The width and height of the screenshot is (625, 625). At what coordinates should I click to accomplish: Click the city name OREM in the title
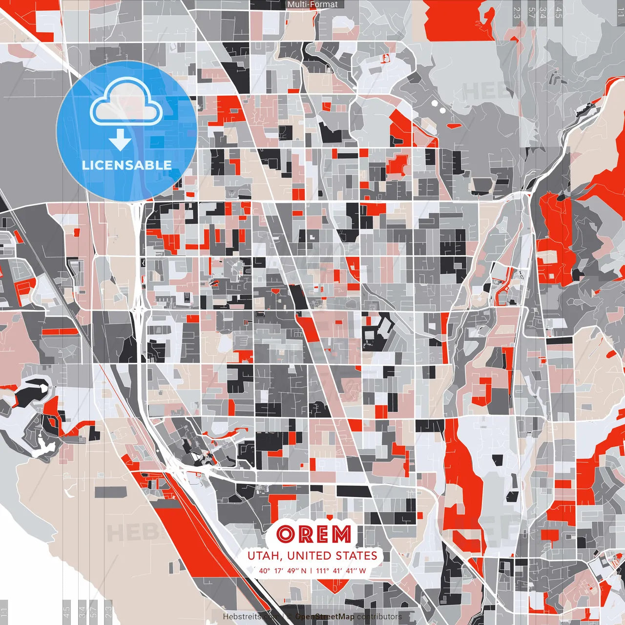click(313, 534)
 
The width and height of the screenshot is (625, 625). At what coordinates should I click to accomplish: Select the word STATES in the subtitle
click(356, 556)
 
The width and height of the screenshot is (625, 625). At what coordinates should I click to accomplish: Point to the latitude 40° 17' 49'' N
click(283, 571)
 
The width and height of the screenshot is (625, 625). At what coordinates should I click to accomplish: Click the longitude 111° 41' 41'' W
click(341, 571)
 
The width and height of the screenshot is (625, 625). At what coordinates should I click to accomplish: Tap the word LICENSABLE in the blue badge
click(126, 165)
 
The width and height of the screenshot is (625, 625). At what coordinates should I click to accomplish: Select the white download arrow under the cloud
click(120, 140)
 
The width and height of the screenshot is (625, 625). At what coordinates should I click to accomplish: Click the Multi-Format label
click(312, 4)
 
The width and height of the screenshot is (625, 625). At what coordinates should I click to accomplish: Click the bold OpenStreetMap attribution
click(325, 617)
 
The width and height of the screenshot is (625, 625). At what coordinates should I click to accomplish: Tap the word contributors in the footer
click(379, 617)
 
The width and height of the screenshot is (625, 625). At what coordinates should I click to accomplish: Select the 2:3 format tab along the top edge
click(517, 13)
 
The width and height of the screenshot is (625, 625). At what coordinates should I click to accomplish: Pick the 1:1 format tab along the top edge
click(620, 13)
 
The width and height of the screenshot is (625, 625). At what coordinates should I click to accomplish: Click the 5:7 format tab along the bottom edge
click(94, 610)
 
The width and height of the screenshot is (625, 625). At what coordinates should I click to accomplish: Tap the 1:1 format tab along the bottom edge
click(4, 610)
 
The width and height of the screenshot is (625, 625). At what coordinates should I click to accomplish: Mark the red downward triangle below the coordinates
click(333, 584)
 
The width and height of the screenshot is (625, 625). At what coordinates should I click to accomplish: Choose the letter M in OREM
click(341, 534)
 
